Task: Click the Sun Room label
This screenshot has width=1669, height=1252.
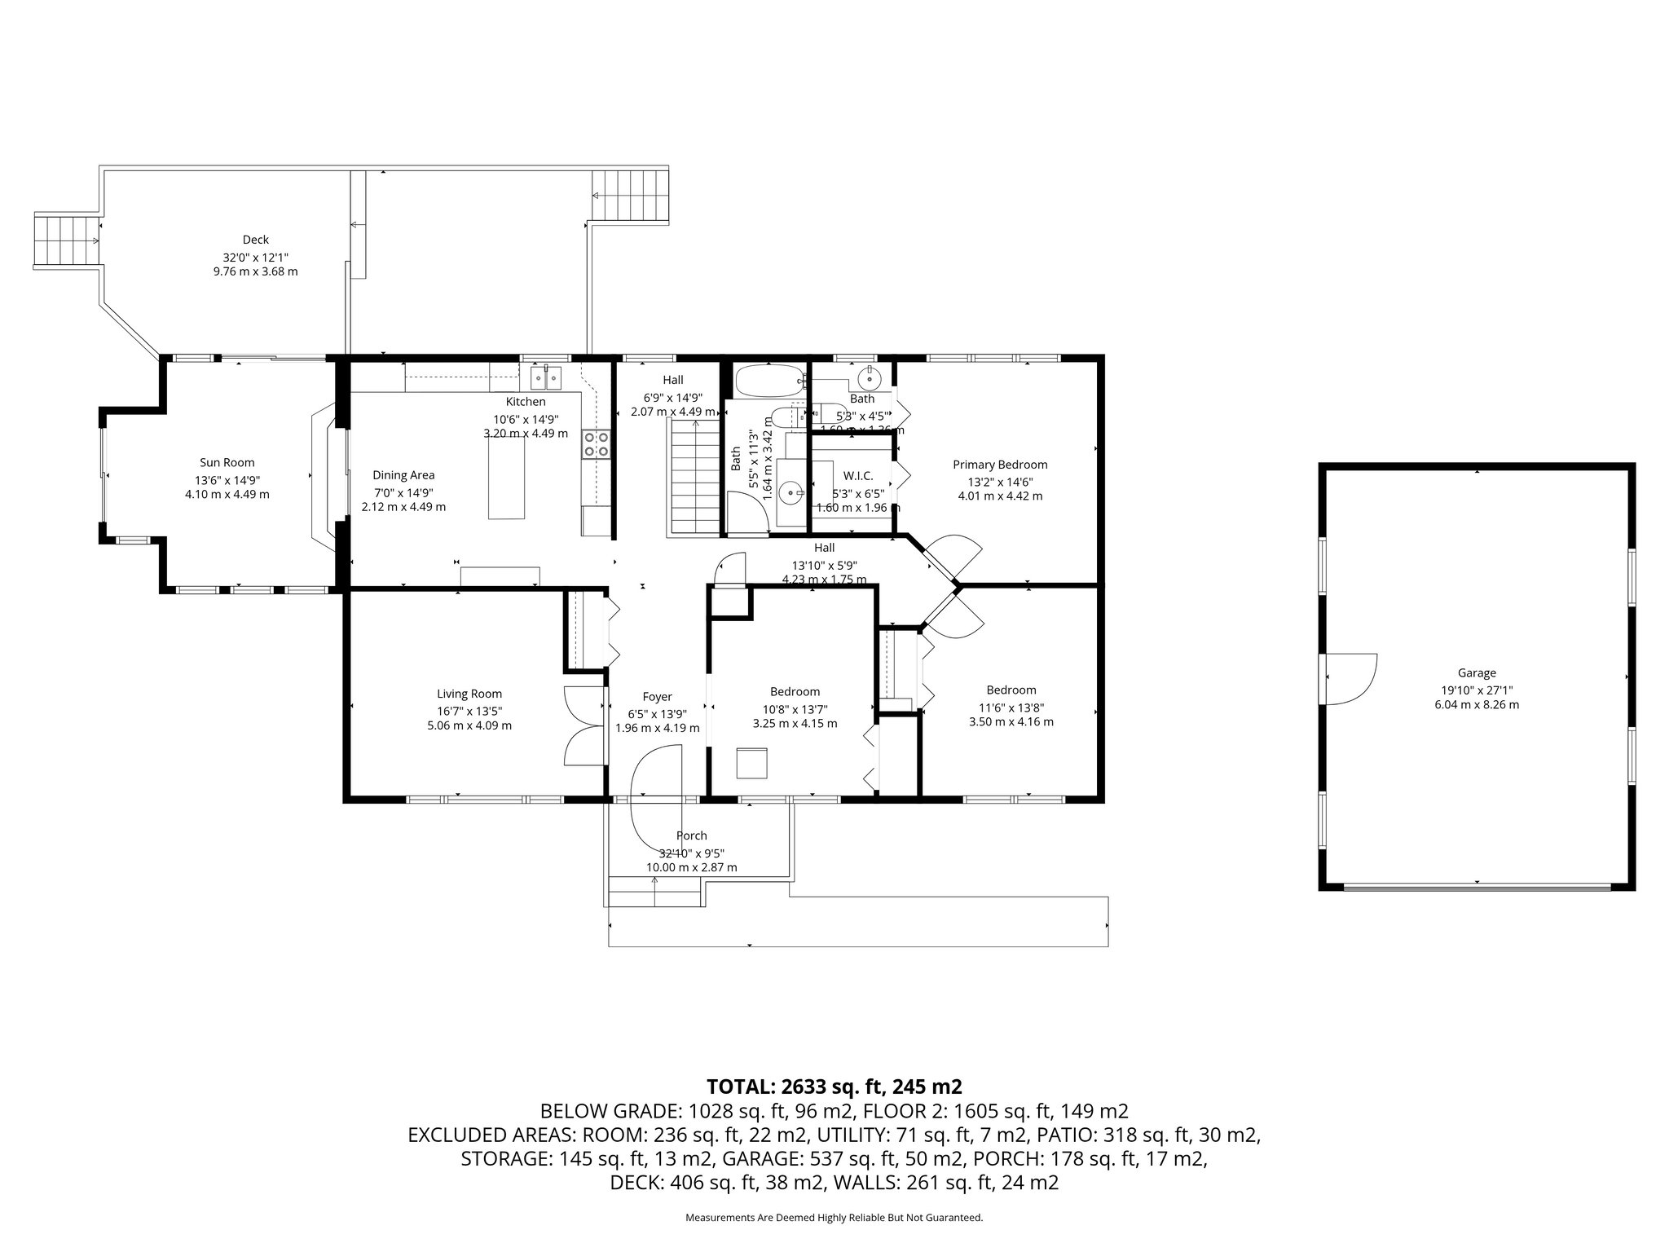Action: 227,463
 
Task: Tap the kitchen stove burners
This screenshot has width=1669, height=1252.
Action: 597,444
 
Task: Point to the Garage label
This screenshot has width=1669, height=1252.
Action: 1477,672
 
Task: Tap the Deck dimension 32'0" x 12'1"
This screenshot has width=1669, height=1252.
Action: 255,256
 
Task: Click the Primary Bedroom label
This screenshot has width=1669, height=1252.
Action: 1000,465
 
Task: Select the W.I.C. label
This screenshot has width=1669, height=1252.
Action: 858,475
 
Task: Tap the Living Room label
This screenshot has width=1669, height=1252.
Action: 469,694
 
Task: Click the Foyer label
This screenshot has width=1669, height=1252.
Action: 657,696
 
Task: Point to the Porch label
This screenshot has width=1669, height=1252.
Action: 691,835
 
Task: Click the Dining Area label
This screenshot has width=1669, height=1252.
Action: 403,475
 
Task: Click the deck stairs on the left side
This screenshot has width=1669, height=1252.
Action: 66,240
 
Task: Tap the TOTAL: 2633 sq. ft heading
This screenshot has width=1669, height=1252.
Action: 834,1087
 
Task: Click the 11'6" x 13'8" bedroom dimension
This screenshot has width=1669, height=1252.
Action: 1011,708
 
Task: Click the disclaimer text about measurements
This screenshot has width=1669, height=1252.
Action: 834,1218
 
